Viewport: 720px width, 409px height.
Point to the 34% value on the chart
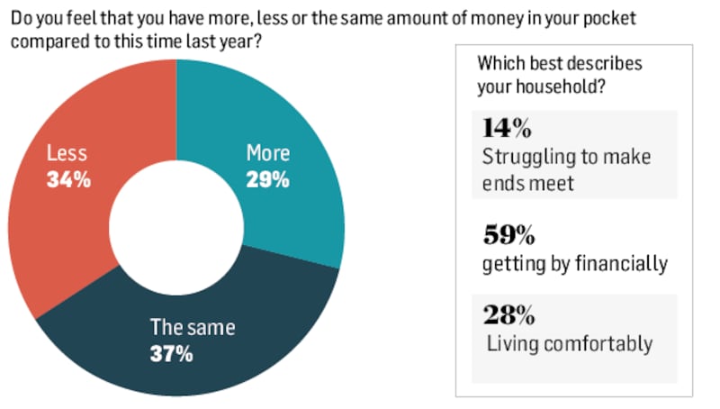pos(68,180)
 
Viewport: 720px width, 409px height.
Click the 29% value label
pos(267,180)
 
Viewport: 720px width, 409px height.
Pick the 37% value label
pos(171,354)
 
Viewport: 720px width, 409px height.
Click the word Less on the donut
pos(67,154)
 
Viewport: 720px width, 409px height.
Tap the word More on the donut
pos(267,154)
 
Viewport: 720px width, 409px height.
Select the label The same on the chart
pos(192,328)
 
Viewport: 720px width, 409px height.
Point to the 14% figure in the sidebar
pos(508,128)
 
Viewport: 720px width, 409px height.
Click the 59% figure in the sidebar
pos(508,236)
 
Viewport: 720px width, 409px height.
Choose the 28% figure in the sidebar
pos(508,315)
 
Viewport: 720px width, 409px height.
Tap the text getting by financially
pos(574,264)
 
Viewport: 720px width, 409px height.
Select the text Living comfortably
pos(569,343)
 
